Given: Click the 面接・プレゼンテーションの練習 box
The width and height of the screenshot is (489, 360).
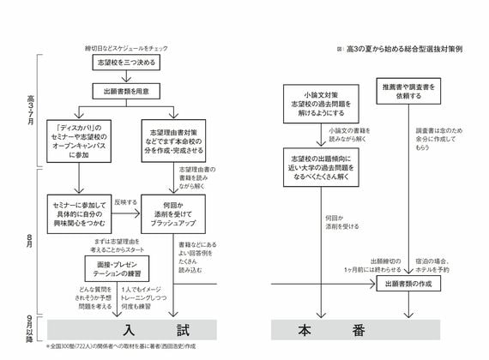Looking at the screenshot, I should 109,261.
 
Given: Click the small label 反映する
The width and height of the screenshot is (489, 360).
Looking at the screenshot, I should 124,202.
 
